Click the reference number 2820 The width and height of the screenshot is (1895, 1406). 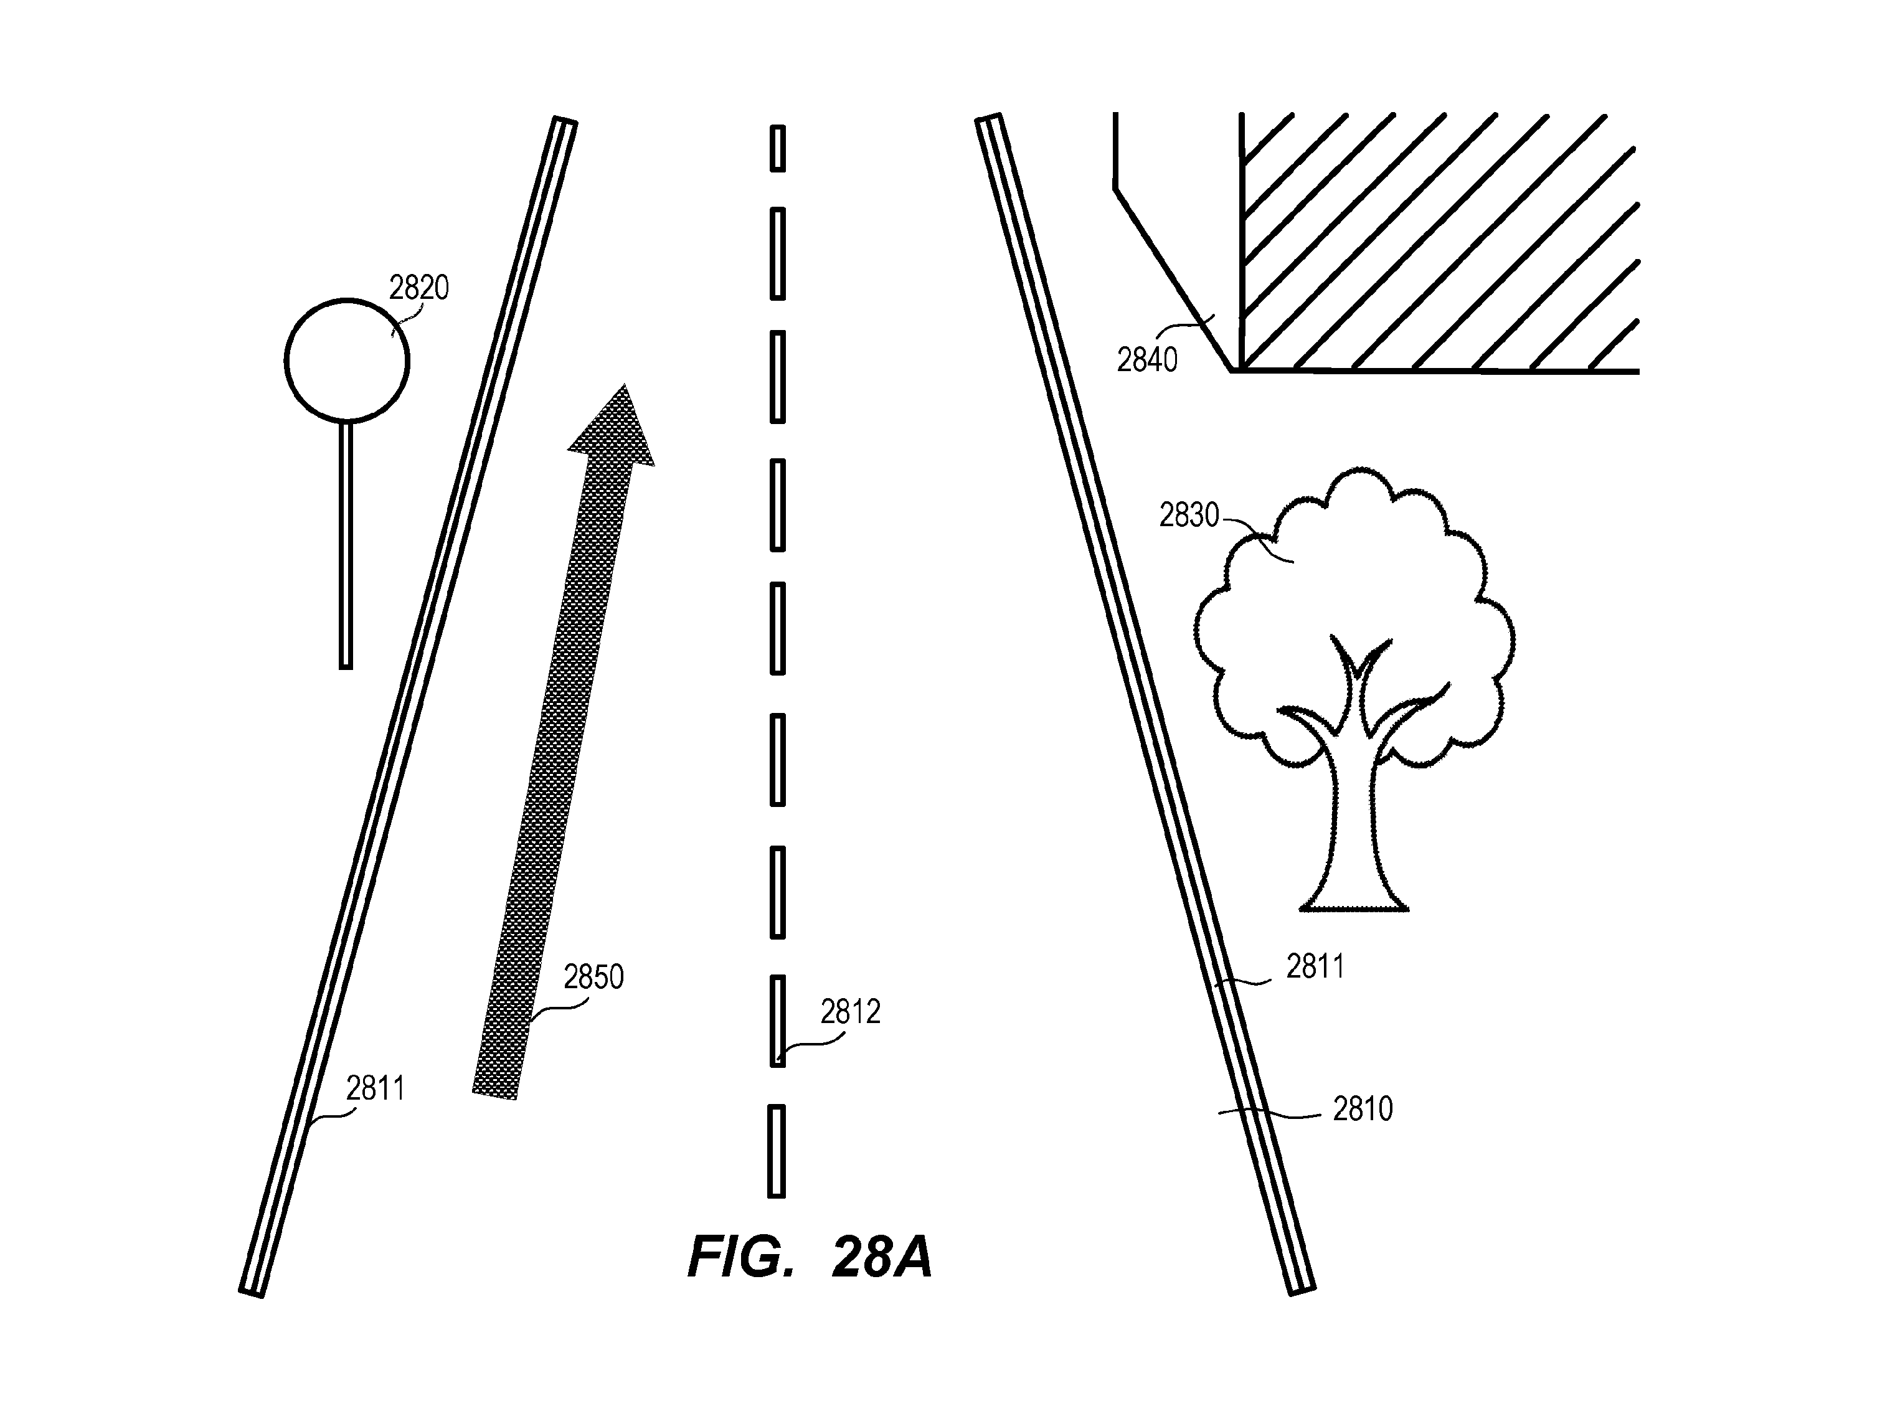coord(419,288)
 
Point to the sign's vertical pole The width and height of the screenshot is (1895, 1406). coord(346,545)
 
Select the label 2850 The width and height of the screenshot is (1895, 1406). coord(593,977)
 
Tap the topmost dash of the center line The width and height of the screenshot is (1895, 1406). coord(777,148)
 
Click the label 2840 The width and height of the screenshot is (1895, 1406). coord(1146,361)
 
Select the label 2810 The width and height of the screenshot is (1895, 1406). coord(1362,1109)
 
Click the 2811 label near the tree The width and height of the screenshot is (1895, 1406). coord(1315,967)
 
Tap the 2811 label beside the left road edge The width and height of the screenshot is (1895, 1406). coord(376,1088)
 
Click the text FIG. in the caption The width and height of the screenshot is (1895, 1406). coord(740,1257)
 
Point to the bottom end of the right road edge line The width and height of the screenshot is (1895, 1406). coord(1303,1290)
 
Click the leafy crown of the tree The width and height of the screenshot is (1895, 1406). coord(1354,596)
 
